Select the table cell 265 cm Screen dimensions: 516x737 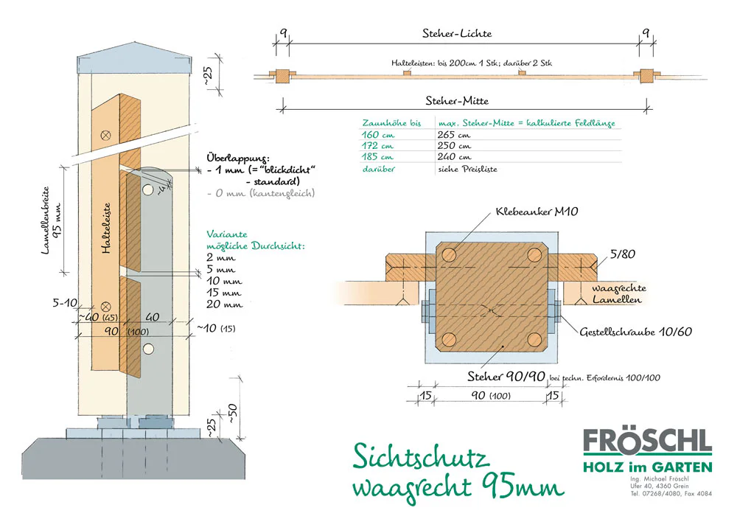pos(453,135)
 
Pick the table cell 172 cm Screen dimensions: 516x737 pos(377,146)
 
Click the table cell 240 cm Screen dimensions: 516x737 pos(453,157)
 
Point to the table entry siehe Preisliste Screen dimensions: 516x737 pos(466,168)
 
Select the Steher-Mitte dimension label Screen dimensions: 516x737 pos(457,101)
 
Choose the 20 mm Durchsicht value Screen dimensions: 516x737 pos(226,304)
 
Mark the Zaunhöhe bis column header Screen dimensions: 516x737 pos(391,123)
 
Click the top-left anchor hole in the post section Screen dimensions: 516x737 pos(450,254)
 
